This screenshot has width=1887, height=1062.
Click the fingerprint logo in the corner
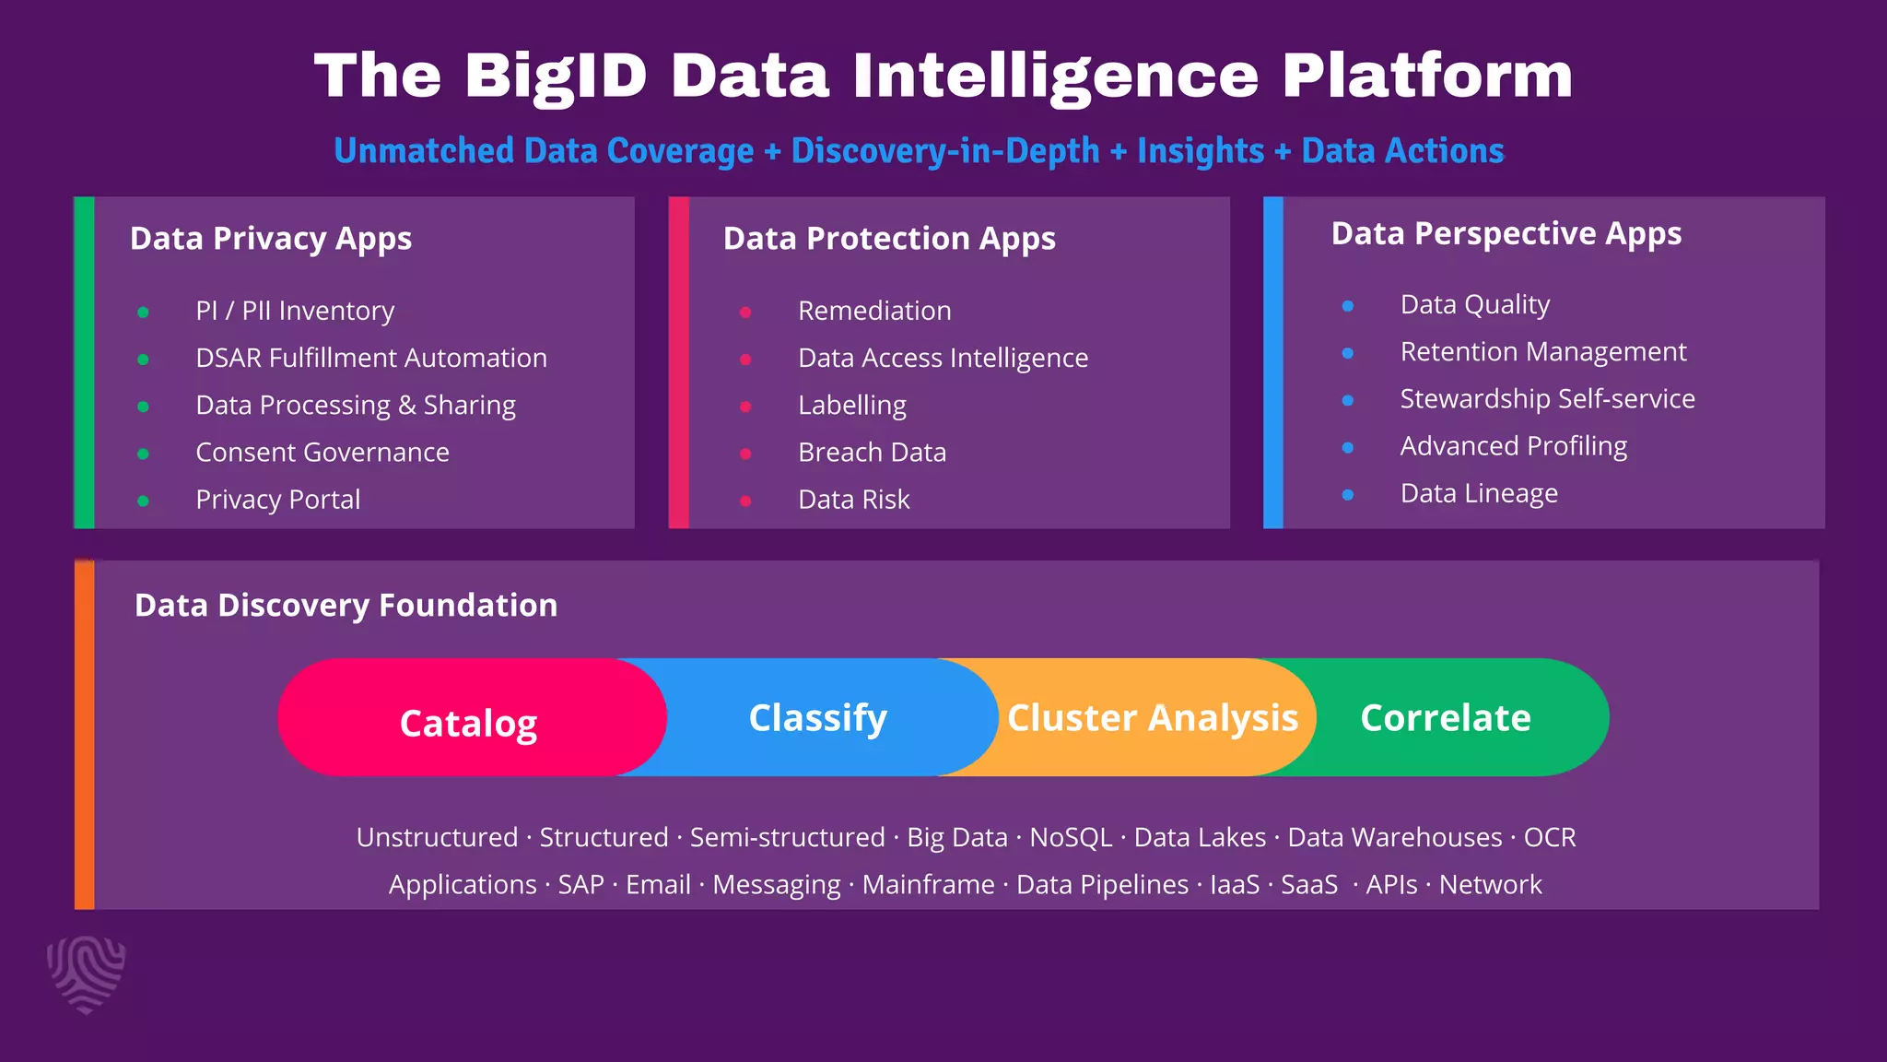86,973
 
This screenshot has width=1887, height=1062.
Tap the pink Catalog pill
469,722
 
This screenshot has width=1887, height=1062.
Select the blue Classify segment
818,717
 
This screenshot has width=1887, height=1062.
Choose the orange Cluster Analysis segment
1152,717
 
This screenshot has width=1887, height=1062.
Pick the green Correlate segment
1446,717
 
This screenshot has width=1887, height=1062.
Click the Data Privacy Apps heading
271,239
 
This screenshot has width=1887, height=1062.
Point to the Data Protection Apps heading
889,239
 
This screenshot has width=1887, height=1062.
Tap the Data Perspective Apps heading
1506,234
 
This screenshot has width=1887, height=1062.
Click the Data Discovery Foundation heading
346,606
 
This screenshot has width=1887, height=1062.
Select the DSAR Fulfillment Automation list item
371,358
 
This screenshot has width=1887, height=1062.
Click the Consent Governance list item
322,453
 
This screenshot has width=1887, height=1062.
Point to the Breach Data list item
872,453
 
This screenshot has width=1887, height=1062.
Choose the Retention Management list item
1543,352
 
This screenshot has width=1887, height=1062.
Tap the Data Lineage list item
1479,493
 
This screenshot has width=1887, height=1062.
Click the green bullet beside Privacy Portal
143,501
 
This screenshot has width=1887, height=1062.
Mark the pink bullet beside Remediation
745,313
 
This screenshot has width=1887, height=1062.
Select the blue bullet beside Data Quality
1348,306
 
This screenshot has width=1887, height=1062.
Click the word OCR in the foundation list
1550,837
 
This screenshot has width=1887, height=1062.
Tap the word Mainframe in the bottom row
928,885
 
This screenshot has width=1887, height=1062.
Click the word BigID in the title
556,76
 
